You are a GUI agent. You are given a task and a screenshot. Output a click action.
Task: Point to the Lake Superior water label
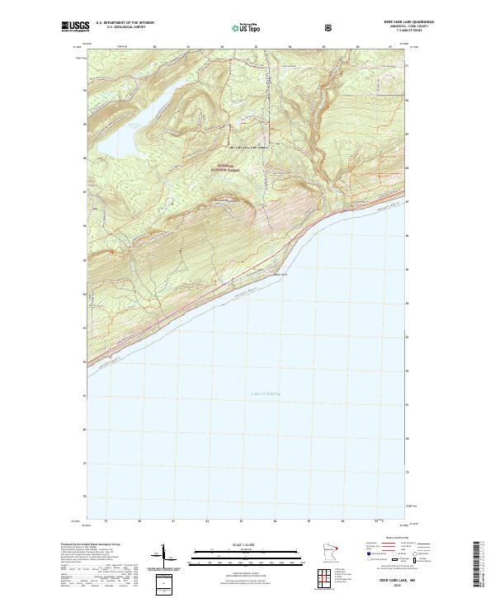(265, 394)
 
